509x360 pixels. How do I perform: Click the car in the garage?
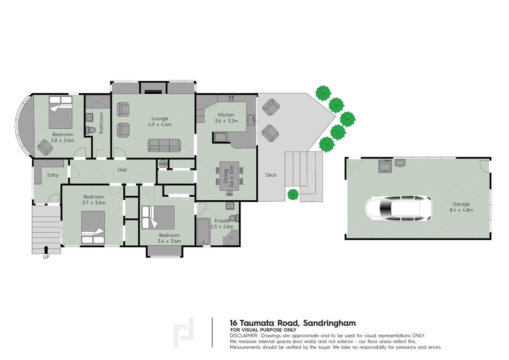point(399,209)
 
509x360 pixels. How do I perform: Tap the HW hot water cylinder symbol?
point(163,164)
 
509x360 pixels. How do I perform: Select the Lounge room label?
point(160,119)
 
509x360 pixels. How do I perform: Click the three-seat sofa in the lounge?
point(164,145)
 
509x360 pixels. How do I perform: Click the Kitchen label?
point(226,115)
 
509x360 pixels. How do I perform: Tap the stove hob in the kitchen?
point(231,98)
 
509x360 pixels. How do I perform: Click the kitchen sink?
point(251,120)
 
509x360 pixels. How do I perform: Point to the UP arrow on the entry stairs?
point(46,250)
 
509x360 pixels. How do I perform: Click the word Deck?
point(271,175)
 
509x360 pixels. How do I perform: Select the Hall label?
point(122,170)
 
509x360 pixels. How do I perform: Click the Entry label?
point(53,175)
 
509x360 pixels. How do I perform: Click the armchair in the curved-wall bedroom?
point(45,147)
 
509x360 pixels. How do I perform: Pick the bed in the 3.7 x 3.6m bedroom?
point(93,227)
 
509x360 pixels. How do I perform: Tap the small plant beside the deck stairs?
point(293,194)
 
